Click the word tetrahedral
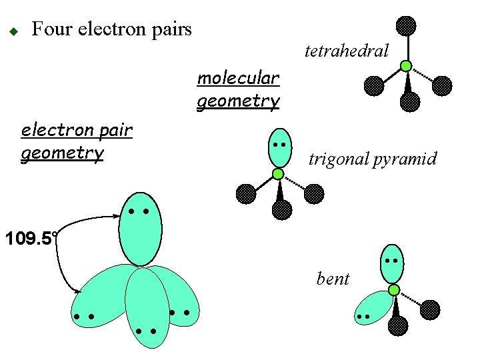(x=346, y=51)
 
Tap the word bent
(x=333, y=279)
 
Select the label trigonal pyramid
(x=373, y=159)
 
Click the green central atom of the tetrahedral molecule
(x=405, y=66)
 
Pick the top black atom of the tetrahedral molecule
(x=405, y=26)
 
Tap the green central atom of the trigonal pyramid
(x=278, y=174)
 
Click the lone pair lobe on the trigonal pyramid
(x=279, y=148)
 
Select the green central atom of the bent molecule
(x=394, y=290)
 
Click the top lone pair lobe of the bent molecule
(x=392, y=263)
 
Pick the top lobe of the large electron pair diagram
(x=140, y=227)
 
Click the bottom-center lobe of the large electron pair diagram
(x=147, y=308)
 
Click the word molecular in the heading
(x=238, y=78)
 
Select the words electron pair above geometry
(x=77, y=130)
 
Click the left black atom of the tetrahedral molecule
(x=374, y=86)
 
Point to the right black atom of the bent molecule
(x=431, y=310)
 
